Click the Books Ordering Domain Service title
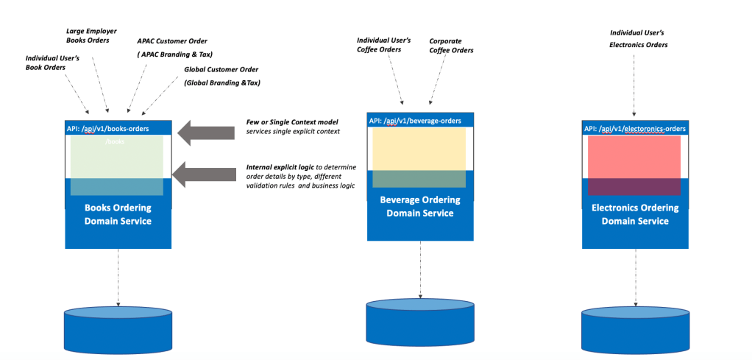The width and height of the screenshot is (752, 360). (x=118, y=214)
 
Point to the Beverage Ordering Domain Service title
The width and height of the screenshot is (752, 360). (x=420, y=206)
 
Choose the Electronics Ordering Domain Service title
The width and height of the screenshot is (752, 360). (x=635, y=214)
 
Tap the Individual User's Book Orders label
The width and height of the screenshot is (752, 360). (x=52, y=63)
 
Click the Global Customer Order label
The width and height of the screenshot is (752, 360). (x=214, y=70)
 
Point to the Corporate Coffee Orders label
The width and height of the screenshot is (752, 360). (x=451, y=46)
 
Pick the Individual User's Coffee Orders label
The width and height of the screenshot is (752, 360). (x=383, y=44)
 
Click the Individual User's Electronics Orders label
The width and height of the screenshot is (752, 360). (x=639, y=39)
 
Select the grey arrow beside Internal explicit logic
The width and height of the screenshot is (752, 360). (x=204, y=174)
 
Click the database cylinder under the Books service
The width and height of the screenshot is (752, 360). (x=118, y=331)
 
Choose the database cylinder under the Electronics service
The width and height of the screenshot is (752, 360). (x=636, y=331)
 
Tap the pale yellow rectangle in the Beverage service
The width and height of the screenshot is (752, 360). (x=419, y=149)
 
